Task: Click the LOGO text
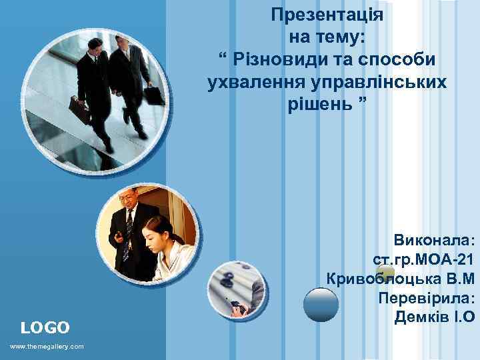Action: click(x=45, y=327)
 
